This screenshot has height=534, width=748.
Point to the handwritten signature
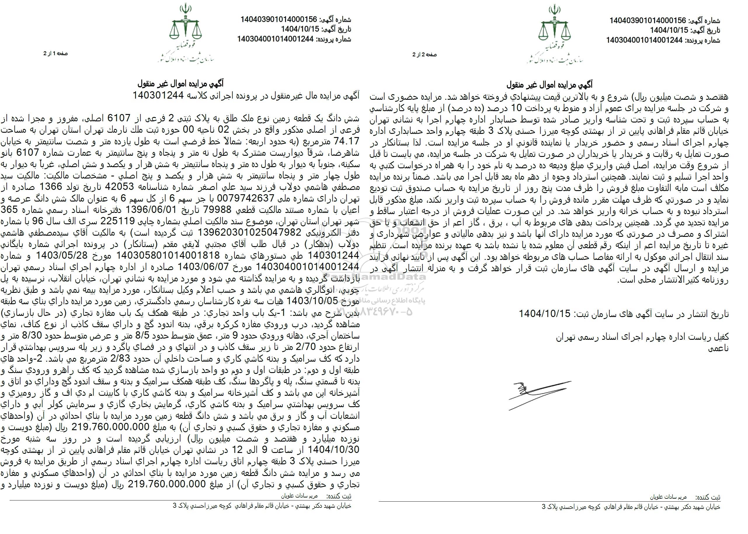click(537, 395)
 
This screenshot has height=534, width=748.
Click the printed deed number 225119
click(117, 221)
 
